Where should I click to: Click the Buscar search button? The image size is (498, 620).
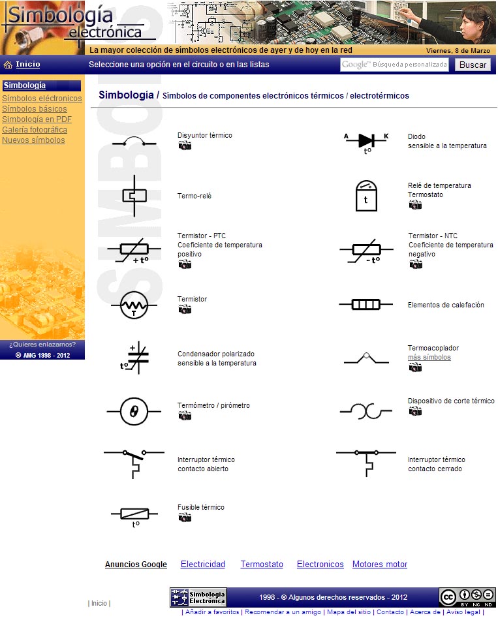[x=472, y=65]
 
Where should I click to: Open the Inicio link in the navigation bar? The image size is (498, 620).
[x=27, y=64]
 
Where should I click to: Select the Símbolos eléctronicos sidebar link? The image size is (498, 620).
[x=42, y=99]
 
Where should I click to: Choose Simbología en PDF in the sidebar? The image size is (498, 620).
[x=37, y=119]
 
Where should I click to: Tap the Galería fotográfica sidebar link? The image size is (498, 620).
[x=34, y=130]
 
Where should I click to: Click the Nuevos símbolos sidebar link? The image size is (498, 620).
[x=33, y=140]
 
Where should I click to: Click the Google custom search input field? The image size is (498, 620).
[x=394, y=65]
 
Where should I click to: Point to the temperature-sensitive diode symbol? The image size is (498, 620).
[x=366, y=140]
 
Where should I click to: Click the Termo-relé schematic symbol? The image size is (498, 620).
[x=134, y=195]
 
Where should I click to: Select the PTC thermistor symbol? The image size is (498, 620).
[x=134, y=250]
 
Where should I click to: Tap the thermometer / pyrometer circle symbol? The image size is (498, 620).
[x=134, y=411]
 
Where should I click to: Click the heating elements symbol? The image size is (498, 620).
[x=366, y=305]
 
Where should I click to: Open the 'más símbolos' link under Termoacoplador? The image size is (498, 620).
[x=429, y=358]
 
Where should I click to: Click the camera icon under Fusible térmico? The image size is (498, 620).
[x=185, y=518]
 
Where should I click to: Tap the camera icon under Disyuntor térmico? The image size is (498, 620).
[x=185, y=146]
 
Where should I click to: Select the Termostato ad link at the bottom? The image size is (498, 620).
[x=262, y=565]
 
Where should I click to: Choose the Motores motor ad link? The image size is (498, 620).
[x=379, y=565]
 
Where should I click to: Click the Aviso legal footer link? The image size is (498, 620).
[x=463, y=612]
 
